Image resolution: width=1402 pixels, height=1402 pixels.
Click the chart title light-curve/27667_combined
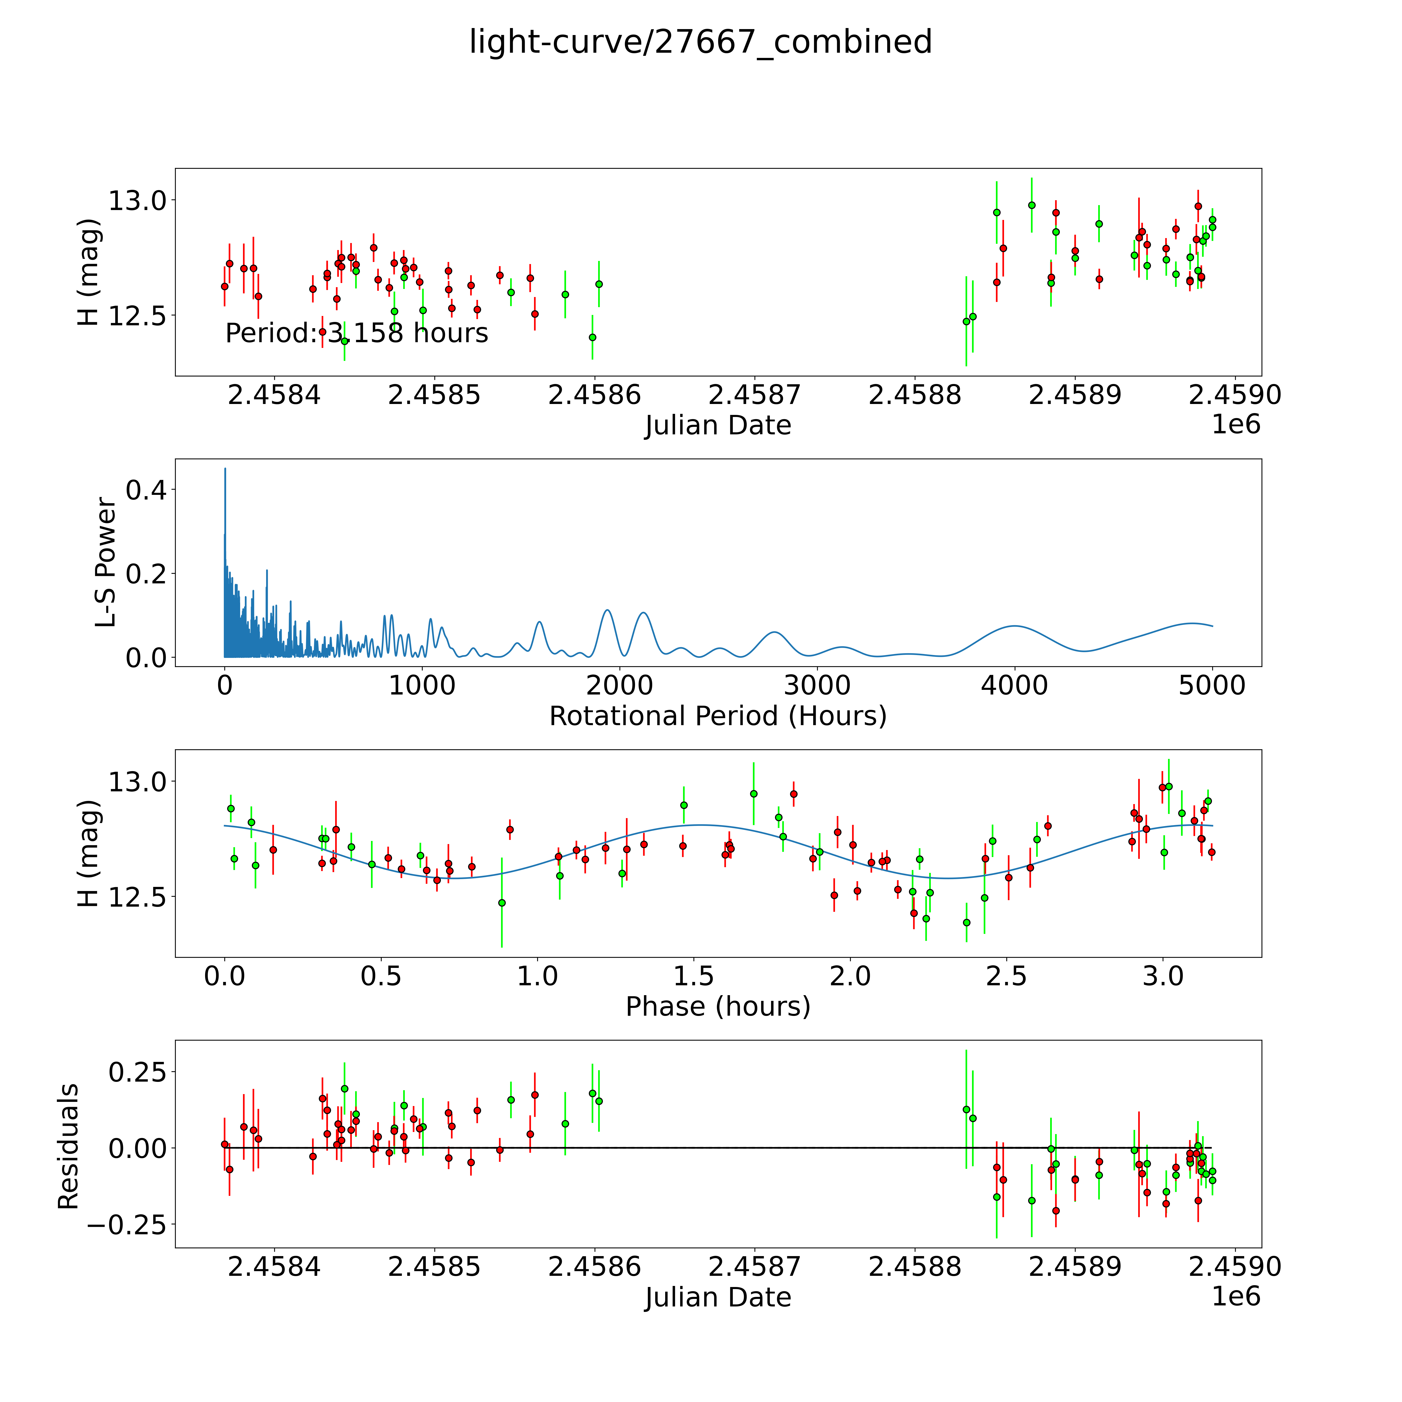(700, 42)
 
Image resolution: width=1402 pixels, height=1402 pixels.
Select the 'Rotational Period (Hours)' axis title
(718, 716)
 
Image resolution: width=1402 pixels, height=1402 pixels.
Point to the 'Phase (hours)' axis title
(718, 1007)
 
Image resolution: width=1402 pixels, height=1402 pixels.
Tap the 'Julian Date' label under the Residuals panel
(718, 1298)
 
